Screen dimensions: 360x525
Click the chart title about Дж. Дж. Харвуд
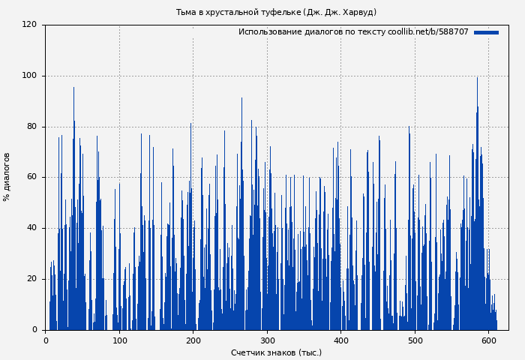point(276,12)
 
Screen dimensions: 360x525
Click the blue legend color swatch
point(486,32)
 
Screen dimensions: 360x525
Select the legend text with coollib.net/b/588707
point(353,32)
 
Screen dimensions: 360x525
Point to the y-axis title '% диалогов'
point(7,177)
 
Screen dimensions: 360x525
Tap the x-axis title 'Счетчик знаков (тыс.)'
point(276,352)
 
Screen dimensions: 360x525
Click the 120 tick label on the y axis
point(29,25)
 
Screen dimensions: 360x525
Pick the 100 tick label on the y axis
point(29,76)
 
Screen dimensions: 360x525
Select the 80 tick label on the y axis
point(31,127)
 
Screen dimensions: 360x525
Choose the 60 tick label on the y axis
point(31,177)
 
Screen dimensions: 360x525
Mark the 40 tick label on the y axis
point(31,228)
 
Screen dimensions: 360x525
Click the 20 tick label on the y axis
point(31,279)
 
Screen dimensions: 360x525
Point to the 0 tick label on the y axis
point(34,330)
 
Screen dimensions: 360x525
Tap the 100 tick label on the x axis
point(119,340)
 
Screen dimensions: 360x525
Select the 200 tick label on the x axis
point(193,340)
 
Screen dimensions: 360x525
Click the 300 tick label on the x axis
point(267,340)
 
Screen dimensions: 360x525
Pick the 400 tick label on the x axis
point(340,340)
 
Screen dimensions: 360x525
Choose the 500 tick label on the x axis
point(414,340)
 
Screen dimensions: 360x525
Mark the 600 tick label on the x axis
point(488,340)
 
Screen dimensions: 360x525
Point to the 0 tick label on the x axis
point(46,340)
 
